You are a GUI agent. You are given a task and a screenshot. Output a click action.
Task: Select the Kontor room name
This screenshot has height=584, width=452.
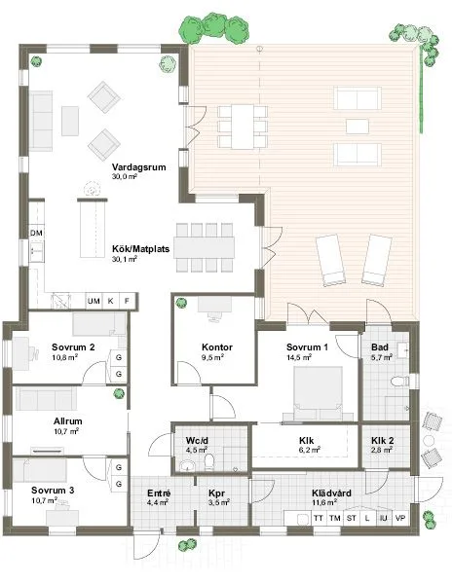[214, 347]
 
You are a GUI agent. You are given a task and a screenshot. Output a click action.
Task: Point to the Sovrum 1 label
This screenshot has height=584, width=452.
[306, 347]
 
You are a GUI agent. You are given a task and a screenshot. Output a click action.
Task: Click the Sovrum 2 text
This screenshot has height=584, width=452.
[73, 347]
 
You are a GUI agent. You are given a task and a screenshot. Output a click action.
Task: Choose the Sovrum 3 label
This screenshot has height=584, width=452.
[51, 490]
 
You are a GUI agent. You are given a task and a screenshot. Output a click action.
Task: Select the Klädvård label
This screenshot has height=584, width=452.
[331, 493]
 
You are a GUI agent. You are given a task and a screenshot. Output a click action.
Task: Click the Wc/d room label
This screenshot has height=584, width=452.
[198, 441]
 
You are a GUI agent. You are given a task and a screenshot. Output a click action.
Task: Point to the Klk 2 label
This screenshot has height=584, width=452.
[382, 441]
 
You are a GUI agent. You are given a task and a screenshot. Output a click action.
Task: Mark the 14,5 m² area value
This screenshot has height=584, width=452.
[299, 358]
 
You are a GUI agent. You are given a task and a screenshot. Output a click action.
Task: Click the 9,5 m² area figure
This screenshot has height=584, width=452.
[212, 358]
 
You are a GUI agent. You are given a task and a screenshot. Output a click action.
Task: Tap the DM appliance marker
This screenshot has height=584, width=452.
[36, 234]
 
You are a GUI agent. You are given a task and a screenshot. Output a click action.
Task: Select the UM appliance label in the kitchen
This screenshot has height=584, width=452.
[94, 302]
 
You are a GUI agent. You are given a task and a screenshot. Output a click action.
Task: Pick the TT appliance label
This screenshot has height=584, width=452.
[319, 518]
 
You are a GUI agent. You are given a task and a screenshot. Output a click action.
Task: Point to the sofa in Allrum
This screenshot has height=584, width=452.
[56, 399]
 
